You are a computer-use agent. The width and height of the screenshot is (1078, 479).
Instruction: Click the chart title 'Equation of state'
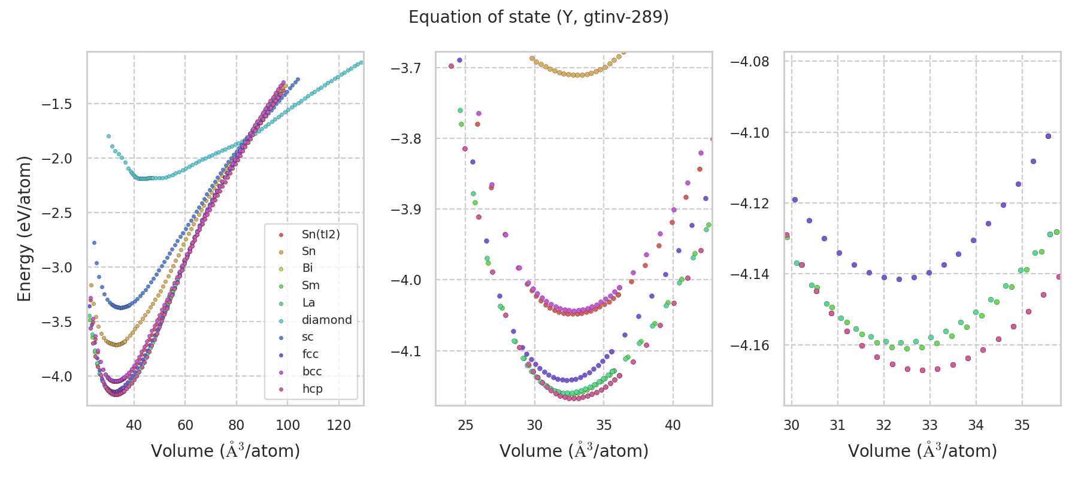tap(538, 17)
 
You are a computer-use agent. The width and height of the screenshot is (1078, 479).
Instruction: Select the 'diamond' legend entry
tap(326, 320)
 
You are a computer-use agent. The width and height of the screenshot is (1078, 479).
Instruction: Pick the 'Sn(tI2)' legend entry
tap(320, 234)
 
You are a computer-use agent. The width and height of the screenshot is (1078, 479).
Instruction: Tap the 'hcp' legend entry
tap(312, 389)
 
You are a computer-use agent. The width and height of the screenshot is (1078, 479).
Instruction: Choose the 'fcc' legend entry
tap(310, 354)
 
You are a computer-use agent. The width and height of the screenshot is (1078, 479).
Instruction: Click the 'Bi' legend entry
tap(307, 268)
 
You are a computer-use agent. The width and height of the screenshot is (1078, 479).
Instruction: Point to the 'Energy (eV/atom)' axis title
tap(25, 228)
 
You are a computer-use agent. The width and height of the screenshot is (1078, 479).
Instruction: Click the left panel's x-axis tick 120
tap(339, 425)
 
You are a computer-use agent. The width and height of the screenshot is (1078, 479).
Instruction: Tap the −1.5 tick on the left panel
tap(56, 104)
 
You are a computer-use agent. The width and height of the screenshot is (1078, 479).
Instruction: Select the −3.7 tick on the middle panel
tap(405, 68)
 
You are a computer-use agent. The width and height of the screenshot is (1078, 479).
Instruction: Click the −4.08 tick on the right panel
tap(749, 62)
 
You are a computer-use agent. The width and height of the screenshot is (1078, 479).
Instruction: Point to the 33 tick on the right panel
tap(929, 425)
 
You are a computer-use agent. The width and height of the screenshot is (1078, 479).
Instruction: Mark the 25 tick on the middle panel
tap(465, 425)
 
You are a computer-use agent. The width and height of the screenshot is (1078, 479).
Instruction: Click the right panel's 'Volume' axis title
tap(922, 451)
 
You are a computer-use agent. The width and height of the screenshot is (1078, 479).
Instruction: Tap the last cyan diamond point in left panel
tap(361, 62)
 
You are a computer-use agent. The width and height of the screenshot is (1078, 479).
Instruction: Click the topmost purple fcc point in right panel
tap(1048, 136)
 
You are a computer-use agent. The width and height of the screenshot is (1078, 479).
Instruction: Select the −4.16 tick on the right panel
tap(749, 345)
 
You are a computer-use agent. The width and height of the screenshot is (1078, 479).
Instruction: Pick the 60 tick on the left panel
tap(185, 425)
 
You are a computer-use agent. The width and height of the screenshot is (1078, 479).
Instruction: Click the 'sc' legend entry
tap(307, 337)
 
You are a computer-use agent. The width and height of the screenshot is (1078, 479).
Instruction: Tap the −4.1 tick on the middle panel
tap(405, 351)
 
